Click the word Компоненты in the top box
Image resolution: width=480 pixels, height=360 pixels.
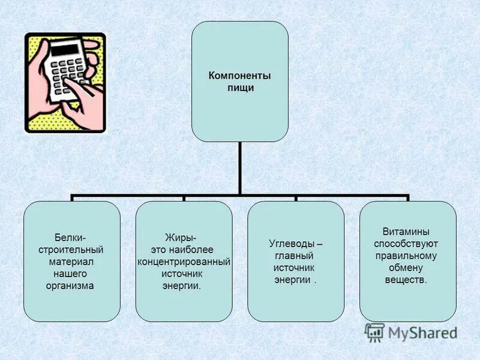239,76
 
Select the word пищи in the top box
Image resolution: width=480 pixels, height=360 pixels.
239,88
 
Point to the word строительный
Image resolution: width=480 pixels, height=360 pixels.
71,250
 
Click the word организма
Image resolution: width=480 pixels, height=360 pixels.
71,286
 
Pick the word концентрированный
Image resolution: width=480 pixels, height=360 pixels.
184,262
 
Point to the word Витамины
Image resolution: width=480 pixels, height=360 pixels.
406,232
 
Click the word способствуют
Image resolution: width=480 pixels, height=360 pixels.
406,244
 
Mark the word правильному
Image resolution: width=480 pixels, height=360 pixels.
406,256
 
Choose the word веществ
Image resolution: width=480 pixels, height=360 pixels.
406,280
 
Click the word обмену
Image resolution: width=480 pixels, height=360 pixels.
406,268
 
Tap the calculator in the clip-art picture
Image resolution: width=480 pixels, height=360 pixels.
67,66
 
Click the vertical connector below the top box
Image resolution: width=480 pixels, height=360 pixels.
239,168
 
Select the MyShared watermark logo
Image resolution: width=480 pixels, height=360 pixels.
410,332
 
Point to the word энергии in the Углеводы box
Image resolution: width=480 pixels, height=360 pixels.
293,280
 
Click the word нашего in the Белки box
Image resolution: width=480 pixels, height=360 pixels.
71,274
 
